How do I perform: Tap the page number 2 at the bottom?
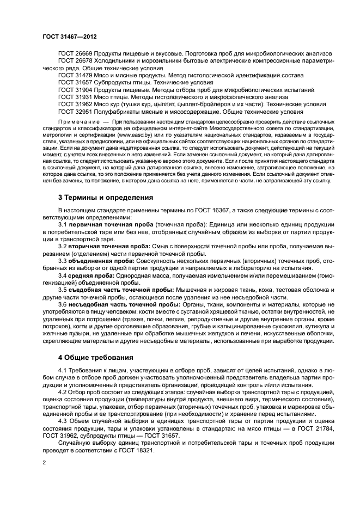[45, 463]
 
